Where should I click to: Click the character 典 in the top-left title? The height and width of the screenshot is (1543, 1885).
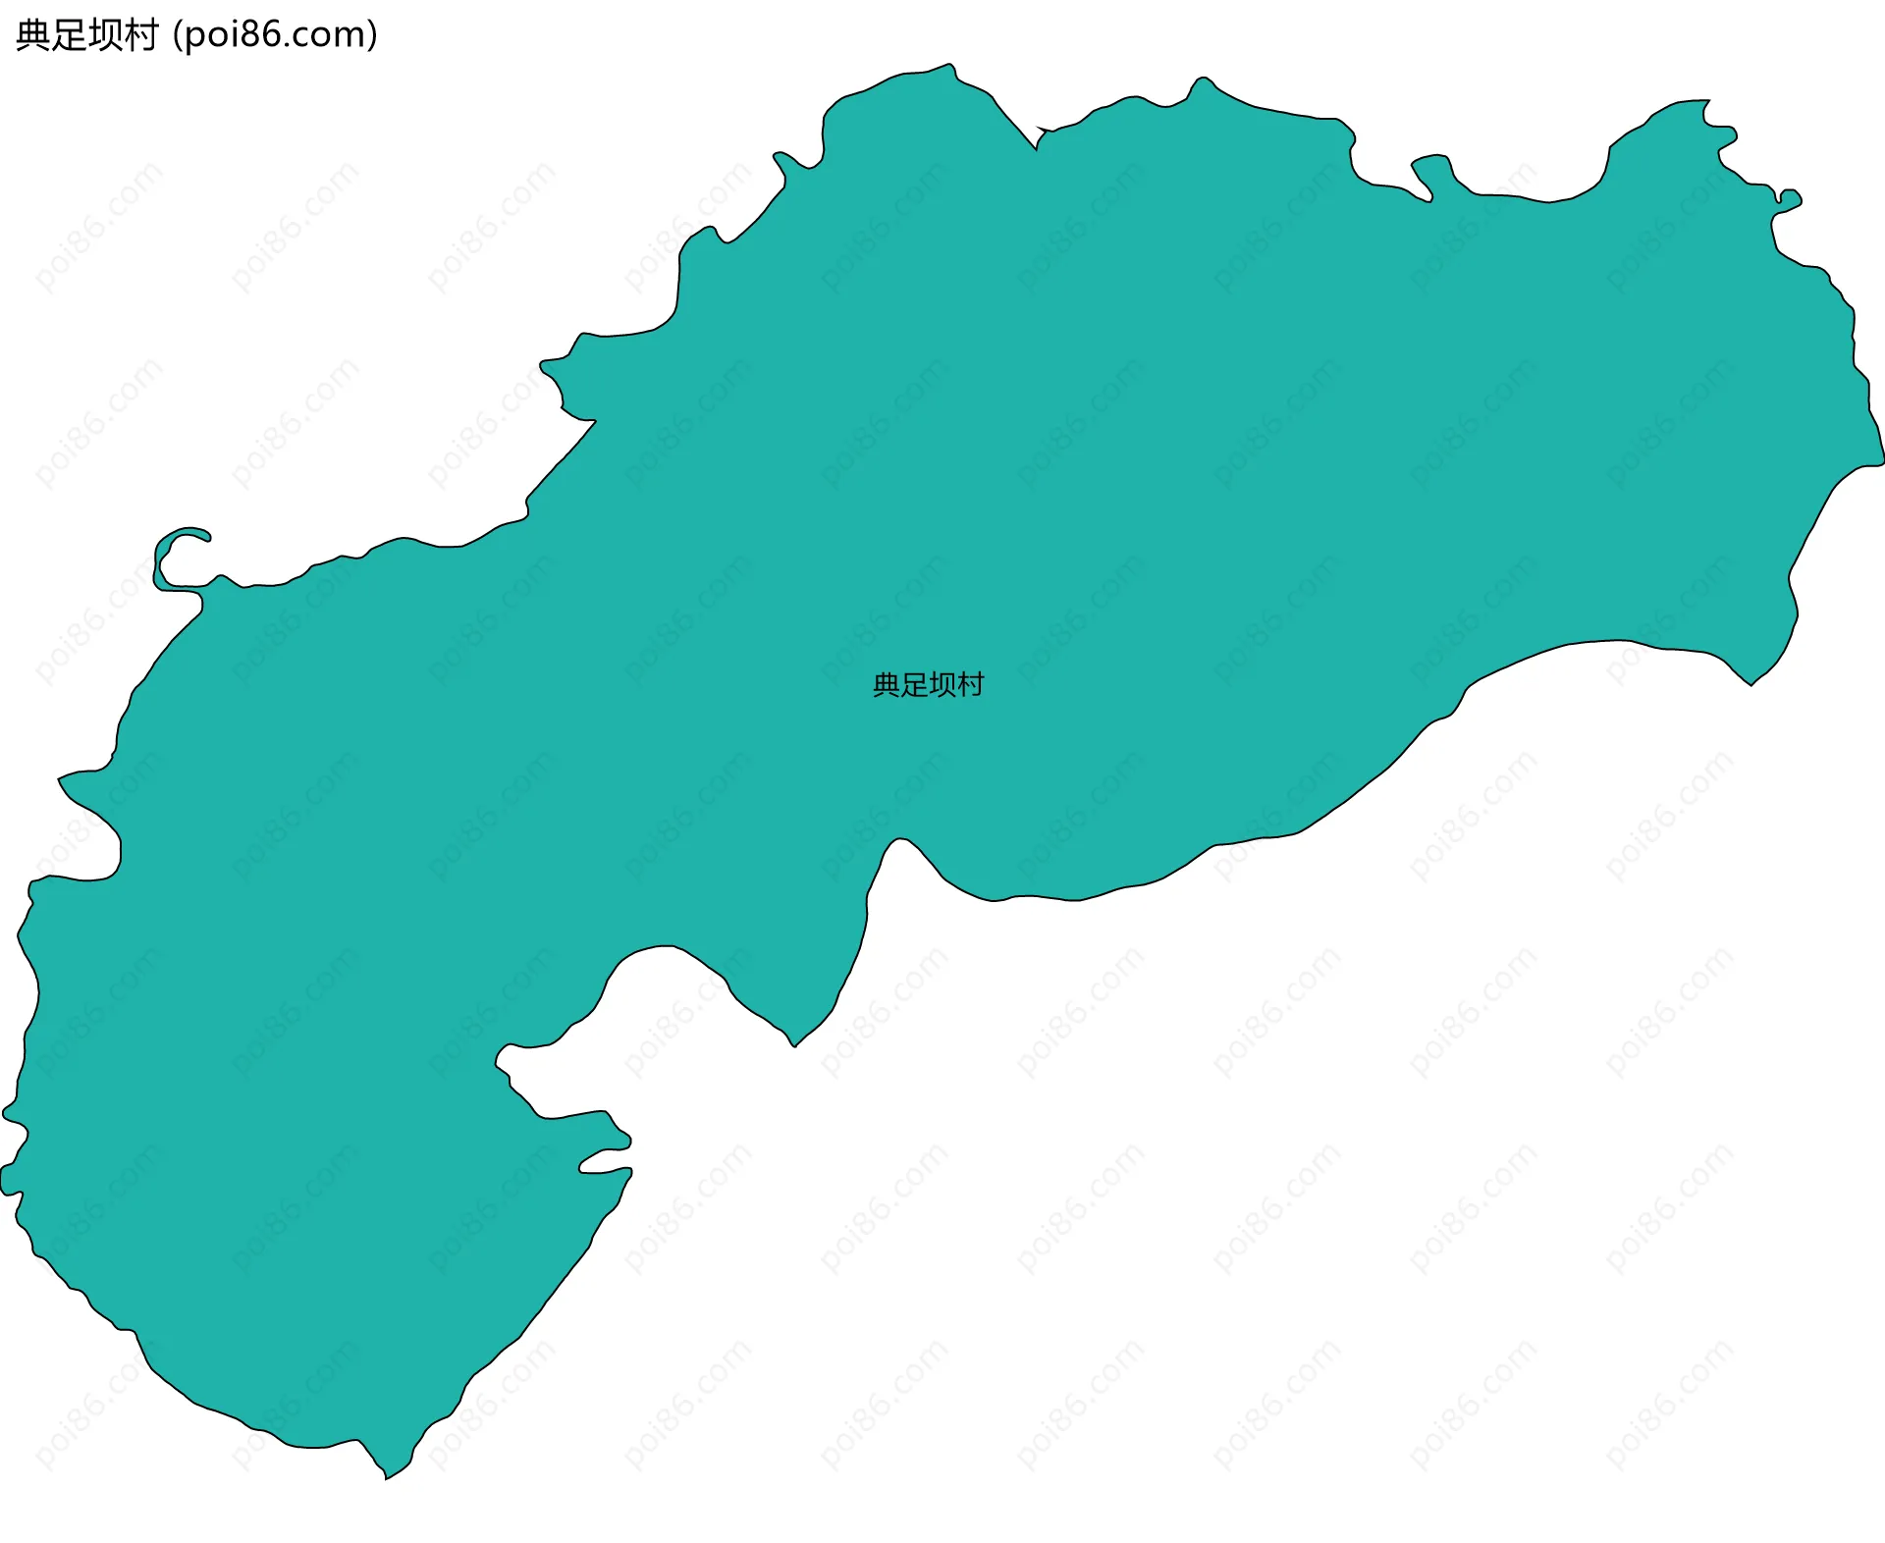tap(33, 35)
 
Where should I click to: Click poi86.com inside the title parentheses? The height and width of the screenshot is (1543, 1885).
tap(274, 35)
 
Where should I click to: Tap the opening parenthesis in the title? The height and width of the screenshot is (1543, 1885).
tap(177, 35)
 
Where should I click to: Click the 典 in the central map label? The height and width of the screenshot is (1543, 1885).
tap(887, 685)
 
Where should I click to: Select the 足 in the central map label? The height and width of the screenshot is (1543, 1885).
tap(914, 685)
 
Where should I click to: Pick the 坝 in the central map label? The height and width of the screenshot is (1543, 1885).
tap(942, 685)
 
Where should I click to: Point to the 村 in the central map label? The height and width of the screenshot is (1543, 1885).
tap(970, 685)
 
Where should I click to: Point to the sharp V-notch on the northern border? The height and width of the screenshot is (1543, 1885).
tap(1036, 147)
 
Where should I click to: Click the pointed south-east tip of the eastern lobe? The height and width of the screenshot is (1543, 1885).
tap(1750, 684)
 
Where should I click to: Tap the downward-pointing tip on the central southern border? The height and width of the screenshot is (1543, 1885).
tap(794, 1045)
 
